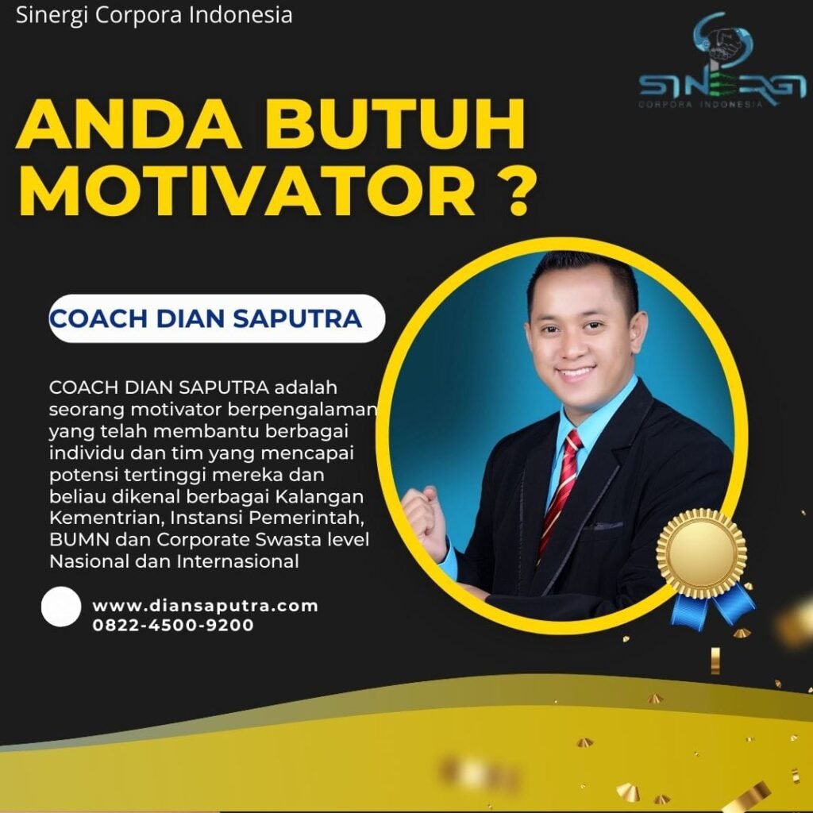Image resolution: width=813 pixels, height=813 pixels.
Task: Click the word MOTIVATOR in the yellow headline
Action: pos(247,191)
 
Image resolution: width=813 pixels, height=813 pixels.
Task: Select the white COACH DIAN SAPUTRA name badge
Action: pos(217,318)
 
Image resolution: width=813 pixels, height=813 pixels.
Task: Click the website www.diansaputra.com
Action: pos(206,606)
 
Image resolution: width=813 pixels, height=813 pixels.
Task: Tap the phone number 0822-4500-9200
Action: pos(173,625)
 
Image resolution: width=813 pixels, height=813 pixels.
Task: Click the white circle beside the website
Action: pos(61,607)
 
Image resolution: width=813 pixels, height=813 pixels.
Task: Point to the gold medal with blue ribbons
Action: pos(706,566)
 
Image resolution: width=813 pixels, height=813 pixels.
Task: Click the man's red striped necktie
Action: pos(561,491)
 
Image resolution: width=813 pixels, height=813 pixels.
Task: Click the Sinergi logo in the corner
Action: pos(722,60)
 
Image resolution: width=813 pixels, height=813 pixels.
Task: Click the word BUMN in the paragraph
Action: pos(79,540)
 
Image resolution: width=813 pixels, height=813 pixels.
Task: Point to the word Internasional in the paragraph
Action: pos(237,561)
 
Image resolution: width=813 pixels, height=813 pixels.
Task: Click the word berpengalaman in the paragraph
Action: pos(302,410)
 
